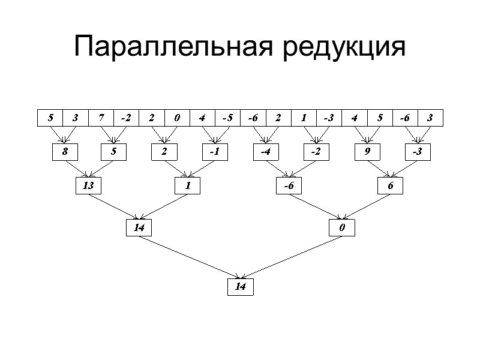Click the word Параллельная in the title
click(173, 47)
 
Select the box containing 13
click(88, 186)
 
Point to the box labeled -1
click(214, 152)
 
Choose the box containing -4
click(265, 152)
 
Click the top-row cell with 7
click(101, 118)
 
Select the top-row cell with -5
click(227, 118)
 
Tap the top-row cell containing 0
click(176, 118)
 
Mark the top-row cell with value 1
click(304, 118)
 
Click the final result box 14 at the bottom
click(240, 287)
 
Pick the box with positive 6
click(391, 186)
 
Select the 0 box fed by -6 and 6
click(341, 228)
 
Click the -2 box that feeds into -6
click(316, 152)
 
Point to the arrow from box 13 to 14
click(114, 207)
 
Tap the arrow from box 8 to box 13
click(77, 170)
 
